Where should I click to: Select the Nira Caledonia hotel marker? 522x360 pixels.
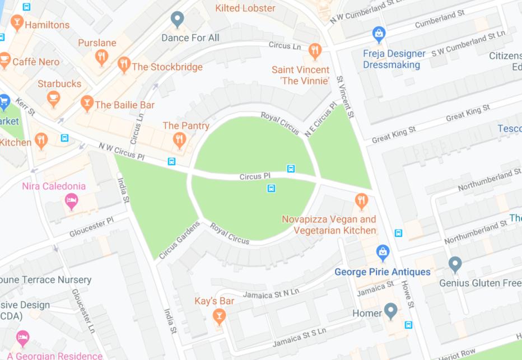pyautogui.click(x=71, y=201)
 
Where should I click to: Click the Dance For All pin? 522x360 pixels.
pyautogui.click(x=178, y=19)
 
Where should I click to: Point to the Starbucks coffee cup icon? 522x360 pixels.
pyautogui.click(x=54, y=99)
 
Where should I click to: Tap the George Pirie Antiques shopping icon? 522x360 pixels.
pyautogui.click(x=383, y=252)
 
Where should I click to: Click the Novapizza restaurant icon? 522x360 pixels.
pyautogui.click(x=361, y=200)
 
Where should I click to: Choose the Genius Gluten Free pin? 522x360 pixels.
pyautogui.click(x=455, y=263)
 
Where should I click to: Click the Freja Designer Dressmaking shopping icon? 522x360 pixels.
pyautogui.click(x=379, y=34)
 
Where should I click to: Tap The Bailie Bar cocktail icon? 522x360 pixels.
pyautogui.click(x=86, y=103)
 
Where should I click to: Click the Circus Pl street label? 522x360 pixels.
pyautogui.click(x=255, y=177)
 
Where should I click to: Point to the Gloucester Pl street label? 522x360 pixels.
pyautogui.click(x=92, y=225)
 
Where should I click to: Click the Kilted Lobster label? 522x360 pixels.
pyautogui.click(x=245, y=8)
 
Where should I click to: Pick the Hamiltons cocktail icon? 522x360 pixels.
pyautogui.click(x=17, y=23)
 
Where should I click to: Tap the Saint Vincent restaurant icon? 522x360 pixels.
pyautogui.click(x=315, y=50)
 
